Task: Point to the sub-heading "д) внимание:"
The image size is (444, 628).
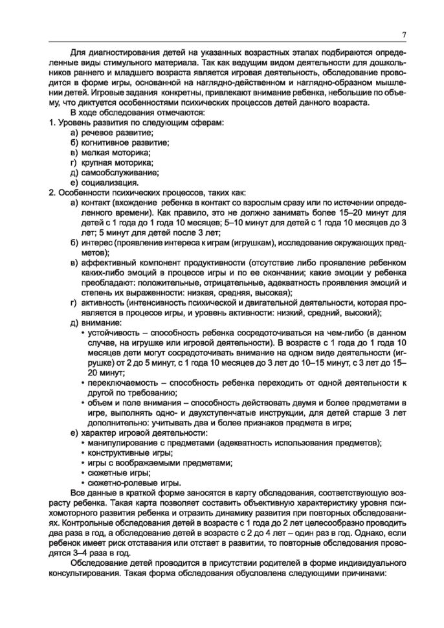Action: (x=96, y=322)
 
